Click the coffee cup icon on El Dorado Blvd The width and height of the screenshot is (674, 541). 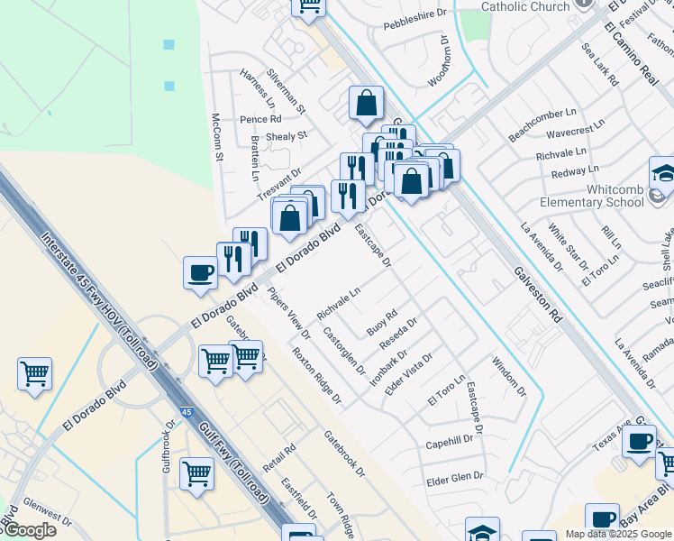tap(200, 271)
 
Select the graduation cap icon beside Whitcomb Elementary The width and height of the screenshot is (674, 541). tap(663, 173)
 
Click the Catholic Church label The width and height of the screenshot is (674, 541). tap(526, 6)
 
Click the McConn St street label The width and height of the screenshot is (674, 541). tap(216, 138)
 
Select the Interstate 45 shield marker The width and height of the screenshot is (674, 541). tap(186, 410)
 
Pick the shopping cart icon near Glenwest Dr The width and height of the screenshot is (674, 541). tap(34, 372)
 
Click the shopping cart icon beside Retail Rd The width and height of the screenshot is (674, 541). tap(196, 473)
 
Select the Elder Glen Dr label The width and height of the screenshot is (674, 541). tap(454, 477)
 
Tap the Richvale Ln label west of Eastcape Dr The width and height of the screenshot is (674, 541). tap(339, 304)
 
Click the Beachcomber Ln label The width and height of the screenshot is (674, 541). tap(542, 124)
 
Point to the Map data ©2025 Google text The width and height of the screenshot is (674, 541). tap(617, 534)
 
